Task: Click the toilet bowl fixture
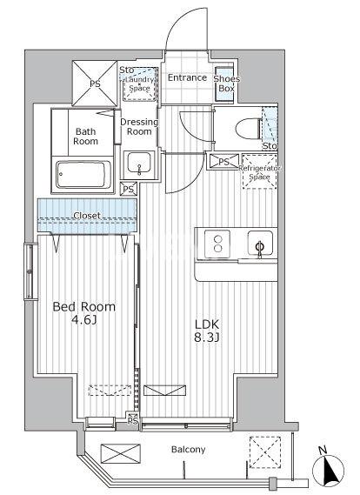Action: tap(249, 129)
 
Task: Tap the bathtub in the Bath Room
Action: tap(83, 175)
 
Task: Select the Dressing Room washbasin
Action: tap(139, 163)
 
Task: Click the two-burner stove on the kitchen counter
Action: tap(217, 244)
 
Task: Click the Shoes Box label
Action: tap(227, 84)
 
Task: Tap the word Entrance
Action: tap(187, 77)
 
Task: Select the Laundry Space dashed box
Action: tap(140, 84)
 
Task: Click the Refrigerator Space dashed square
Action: tap(260, 171)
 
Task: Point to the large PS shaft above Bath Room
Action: tap(95, 84)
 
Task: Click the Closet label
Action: tap(87, 216)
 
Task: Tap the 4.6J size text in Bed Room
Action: tap(84, 320)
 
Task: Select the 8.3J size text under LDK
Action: tap(207, 338)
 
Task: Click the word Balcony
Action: tap(188, 449)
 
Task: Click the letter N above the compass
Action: tap(322, 451)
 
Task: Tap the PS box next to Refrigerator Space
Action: tap(223, 162)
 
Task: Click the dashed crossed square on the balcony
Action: tap(265, 452)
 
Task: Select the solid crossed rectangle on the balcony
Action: tap(121, 453)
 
